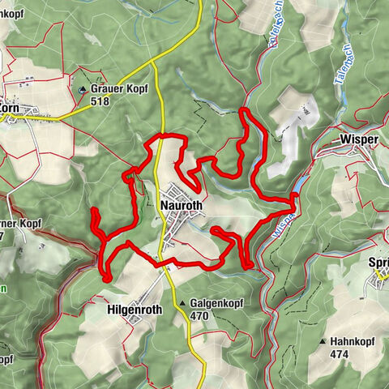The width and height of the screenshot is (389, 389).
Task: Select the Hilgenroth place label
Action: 135,310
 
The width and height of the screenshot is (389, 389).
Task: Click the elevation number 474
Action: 340,354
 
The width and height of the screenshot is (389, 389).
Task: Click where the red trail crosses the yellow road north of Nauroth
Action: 162,137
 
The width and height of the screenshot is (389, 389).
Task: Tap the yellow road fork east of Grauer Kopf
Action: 152,62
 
